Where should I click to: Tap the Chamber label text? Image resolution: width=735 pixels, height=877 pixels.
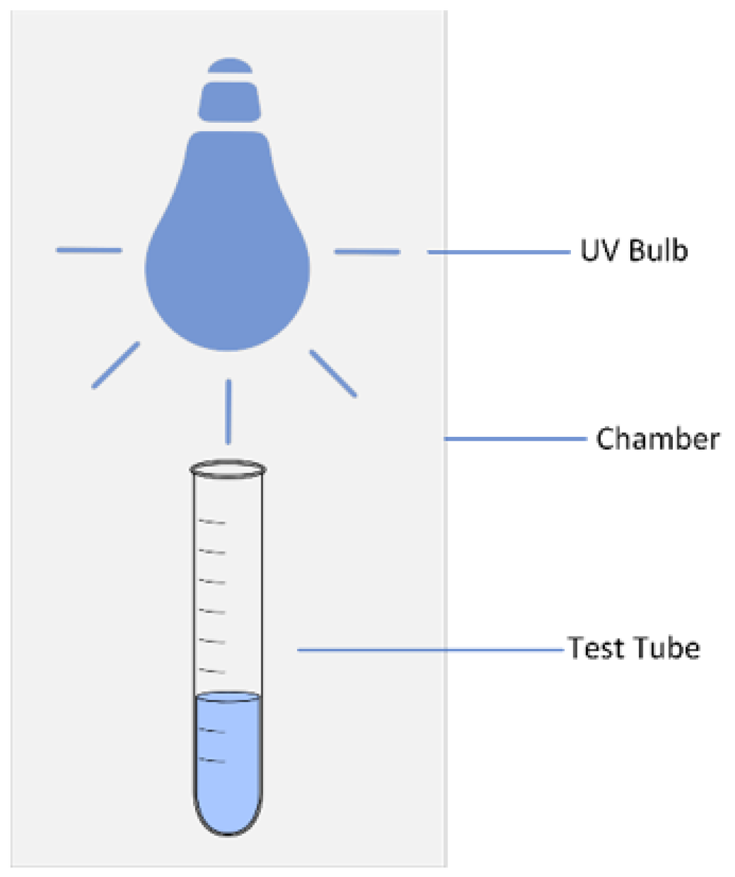coord(657,439)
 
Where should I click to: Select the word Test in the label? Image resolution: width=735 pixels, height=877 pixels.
coord(596,648)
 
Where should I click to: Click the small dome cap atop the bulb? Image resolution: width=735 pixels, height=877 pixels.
coord(229,66)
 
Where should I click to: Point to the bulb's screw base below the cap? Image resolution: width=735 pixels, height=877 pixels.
coord(229,102)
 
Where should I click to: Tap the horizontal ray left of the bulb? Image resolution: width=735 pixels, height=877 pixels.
coord(89,250)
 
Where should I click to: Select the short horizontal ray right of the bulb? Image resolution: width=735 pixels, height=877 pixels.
coord(367,252)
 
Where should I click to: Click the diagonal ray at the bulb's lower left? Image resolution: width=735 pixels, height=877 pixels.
coord(116,365)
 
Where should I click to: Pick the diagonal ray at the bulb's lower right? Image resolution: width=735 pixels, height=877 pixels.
coord(333,373)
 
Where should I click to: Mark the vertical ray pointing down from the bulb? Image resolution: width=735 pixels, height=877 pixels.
coord(229,411)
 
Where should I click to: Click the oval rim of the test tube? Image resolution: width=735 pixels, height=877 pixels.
coord(228,470)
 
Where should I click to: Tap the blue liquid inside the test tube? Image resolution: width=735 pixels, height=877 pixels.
coord(229,758)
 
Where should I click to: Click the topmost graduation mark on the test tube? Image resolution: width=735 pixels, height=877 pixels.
coord(213,522)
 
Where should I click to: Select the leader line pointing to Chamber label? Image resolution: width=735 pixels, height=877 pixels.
coord(515,438)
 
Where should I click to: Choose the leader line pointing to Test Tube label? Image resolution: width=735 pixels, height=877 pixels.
coord(430,650)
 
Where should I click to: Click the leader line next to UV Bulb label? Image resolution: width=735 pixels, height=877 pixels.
coord(498,252)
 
